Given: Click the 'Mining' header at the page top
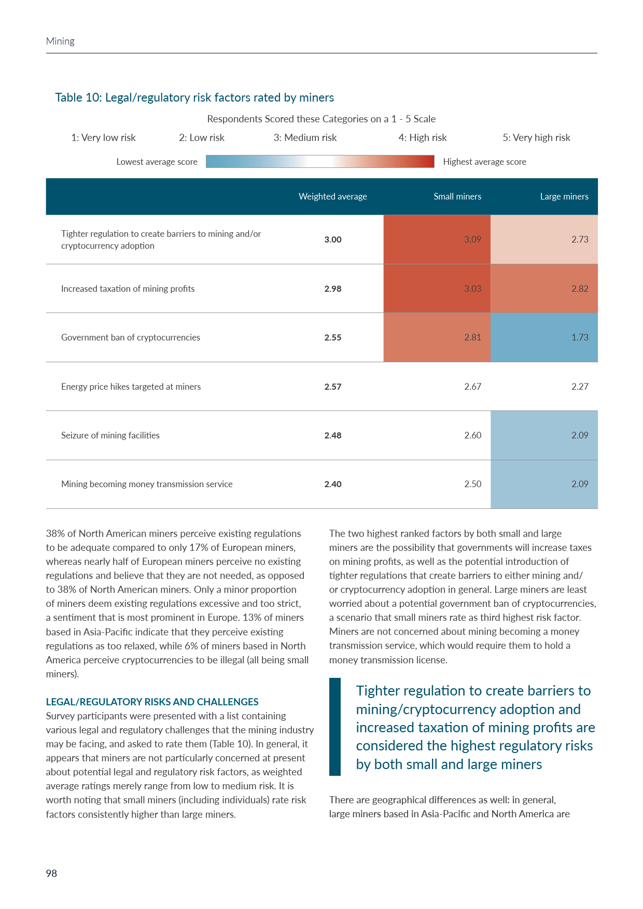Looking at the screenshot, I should point(60,41).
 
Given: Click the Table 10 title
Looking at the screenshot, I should point(194,97).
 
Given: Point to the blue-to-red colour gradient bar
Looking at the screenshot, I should point(320,161).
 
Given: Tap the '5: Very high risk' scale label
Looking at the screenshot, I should point(536,138).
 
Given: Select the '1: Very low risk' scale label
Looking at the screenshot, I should point(103,138).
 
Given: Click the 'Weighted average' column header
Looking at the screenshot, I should point(332,196).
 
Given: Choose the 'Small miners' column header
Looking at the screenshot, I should point(457,196).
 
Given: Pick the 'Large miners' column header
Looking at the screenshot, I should point(564,196).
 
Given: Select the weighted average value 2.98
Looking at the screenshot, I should point(333,289).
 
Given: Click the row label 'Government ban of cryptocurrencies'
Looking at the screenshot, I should point(131,337).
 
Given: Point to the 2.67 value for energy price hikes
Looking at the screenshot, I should point(472,387).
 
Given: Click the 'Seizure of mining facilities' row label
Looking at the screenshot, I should point(110,435).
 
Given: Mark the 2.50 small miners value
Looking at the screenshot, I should point(472,484).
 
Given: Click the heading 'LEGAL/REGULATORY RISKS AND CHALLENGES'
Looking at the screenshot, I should point(152,702).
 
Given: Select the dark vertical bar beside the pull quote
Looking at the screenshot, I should point(335,727).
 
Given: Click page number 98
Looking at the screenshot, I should point(51,873).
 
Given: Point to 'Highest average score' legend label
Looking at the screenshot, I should point(484,162).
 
